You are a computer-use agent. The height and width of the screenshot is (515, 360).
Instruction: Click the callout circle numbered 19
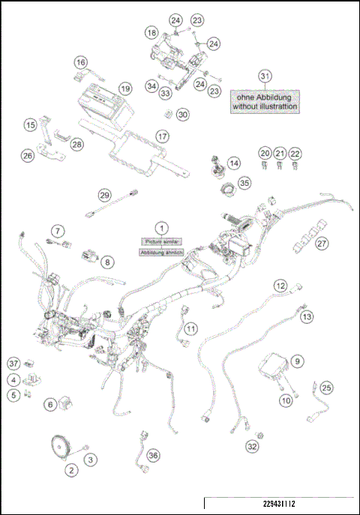(x=125, y=88)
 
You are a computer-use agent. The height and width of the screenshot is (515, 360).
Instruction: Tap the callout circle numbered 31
(x=263, y=76)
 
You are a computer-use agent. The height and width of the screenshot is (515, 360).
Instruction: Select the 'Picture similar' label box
(x=160, y=241)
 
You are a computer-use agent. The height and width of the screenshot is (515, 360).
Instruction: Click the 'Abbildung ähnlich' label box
(x=160, y=253)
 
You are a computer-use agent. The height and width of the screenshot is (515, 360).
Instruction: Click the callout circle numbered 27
(x=322, y=243)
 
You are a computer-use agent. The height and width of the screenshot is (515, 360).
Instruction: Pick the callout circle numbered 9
(x=297, y=361)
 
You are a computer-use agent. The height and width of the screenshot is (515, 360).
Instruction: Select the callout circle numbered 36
(x=153, y=455)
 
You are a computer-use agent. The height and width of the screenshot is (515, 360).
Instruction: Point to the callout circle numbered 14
(x=235, y=163)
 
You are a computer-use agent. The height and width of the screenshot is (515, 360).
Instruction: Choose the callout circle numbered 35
(x=244, y=182)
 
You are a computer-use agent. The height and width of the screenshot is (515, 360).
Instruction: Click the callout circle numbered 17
(x=162, y=136)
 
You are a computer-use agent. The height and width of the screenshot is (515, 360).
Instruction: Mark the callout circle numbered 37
(x=13, y=363)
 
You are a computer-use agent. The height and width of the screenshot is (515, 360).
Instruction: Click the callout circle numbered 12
(x=280, y=285)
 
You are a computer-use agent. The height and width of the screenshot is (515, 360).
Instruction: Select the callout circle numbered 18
(x=151, y=33)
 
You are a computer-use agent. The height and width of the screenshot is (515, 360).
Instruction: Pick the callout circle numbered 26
(x=27, y=156)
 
